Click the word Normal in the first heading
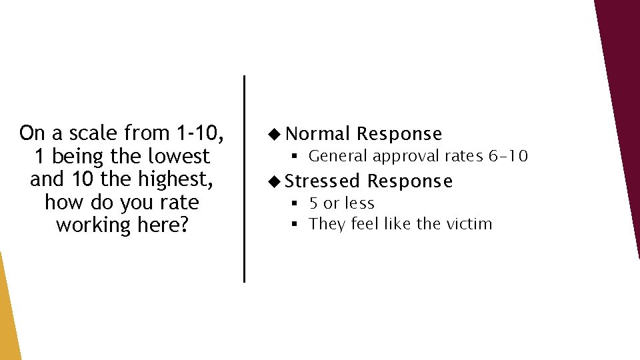[317, 134]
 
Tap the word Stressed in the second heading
[323, 181]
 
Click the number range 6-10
[508, 157]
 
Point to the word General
[338, 157]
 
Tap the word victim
[468, 224]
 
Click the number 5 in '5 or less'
[313, 203]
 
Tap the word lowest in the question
[179, 157]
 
